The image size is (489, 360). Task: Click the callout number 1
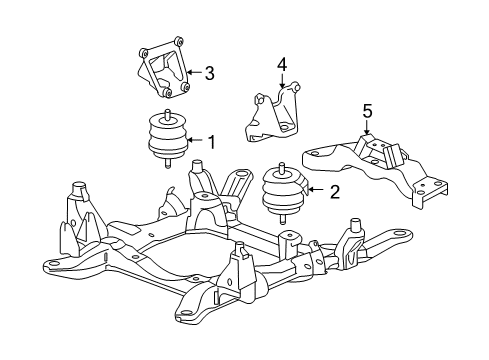[211, 142]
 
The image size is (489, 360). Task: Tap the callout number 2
[333, 190]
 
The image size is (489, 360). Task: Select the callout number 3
[210, 72]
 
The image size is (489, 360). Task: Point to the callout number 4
[283, 64]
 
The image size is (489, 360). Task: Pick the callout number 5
[367, 110]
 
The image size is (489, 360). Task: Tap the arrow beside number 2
[317, 190]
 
